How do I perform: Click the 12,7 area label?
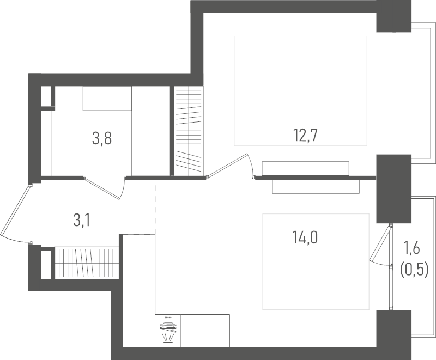305,136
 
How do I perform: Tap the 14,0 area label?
305,237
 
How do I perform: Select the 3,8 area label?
102,138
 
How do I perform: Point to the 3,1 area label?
81,221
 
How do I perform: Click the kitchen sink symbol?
168,331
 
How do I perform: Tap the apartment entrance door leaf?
15,211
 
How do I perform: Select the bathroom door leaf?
102,188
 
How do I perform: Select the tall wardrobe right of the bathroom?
189,131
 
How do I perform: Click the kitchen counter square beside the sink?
205,331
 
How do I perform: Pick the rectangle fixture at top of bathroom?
107,99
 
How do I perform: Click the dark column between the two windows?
393,189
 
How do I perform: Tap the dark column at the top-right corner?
393,16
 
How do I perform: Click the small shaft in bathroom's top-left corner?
46,96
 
